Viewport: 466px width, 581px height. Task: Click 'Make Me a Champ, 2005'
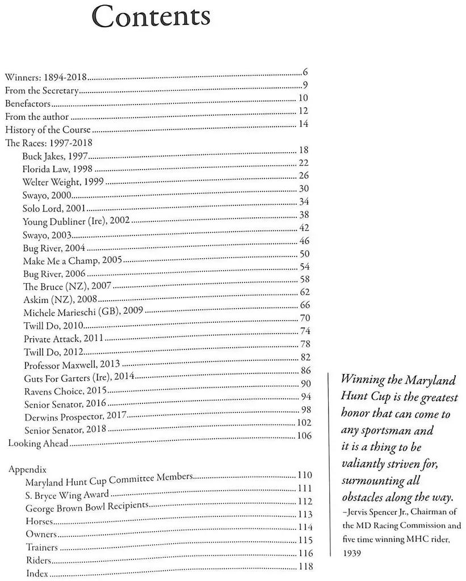click(73, 260)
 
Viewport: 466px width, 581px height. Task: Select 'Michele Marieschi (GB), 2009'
click(83, 312)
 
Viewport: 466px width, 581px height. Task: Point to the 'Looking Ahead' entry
click(38, 443)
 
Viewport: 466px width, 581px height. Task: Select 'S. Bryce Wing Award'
click(67, 494)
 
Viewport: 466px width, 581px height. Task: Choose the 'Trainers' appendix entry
click(42, 547)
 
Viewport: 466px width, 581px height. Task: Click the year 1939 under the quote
click(351, 551)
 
